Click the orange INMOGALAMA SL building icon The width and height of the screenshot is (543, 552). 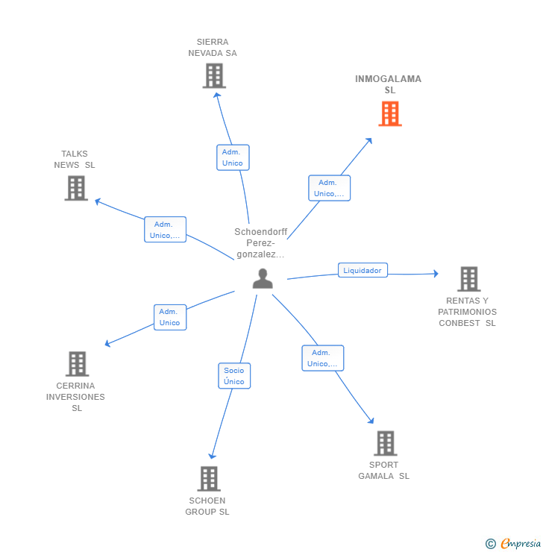click(x=390, y=113)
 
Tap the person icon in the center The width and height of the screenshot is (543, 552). click(x=263, y=278)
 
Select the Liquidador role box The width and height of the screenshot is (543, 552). click(x=362, y=270)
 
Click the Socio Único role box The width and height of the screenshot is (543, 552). click(x=234, y=376)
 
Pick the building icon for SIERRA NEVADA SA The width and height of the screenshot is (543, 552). click(x=214, y=75)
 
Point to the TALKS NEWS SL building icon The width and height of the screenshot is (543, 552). click(x=76, y=188)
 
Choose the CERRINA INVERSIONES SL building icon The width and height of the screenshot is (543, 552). click(x=77, y=364)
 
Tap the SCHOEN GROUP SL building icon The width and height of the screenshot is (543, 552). click(x=209, y=479)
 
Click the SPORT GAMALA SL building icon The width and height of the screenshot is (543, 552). click(x=386, y=443)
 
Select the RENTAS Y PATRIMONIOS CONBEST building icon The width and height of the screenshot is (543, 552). click(x=468, y=279)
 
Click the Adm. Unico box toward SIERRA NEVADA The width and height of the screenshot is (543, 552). click(x=233, y=157)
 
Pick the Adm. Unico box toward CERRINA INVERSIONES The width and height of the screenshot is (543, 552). click(x=170, y=317)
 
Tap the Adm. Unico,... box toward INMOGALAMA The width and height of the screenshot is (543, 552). click(x=329, y=188)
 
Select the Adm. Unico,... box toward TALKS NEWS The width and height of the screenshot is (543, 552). click(x=165, y=230)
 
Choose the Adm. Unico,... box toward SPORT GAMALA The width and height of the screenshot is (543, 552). click(x=323, y=358)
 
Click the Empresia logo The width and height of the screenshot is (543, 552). click(x=513, y=544)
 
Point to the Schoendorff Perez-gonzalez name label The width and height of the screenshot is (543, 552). click(x=260, y=243)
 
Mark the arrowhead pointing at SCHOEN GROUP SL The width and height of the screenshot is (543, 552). click(x=212, y=457)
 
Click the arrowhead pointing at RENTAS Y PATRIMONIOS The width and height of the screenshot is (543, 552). click(x=436, y=274)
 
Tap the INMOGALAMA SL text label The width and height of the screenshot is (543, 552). click(x=388, y=84)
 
